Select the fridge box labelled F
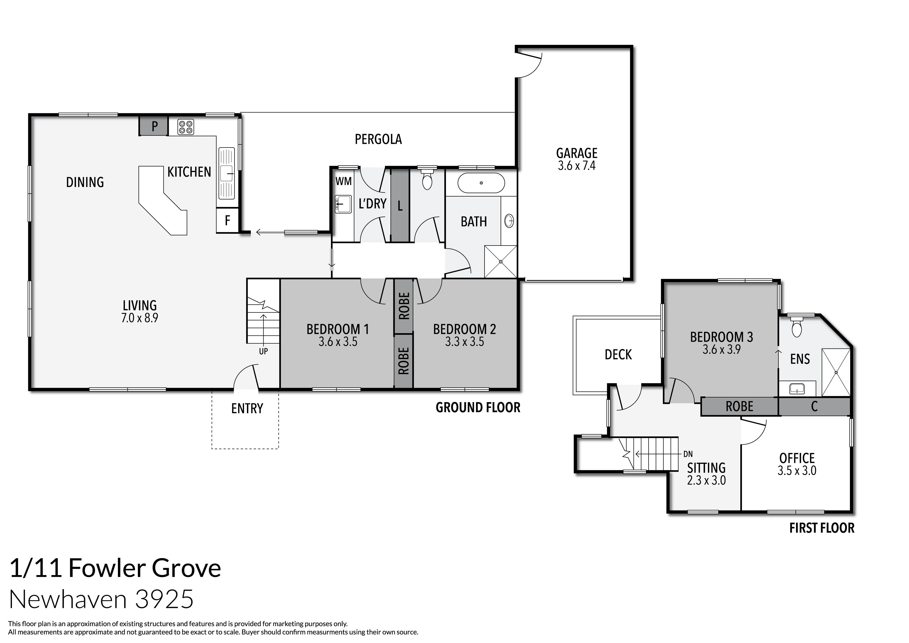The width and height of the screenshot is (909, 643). click(227, 220)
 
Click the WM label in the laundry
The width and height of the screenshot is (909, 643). click(343, 181)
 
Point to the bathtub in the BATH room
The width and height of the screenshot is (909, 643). click(481, 183)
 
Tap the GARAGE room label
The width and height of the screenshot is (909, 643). click(577, 153)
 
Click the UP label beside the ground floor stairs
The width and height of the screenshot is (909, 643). click(263, 351)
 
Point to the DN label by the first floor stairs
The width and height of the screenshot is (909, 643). click(688, 454)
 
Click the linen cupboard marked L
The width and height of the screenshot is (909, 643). click(400, 206)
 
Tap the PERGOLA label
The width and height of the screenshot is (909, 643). click(378, 139)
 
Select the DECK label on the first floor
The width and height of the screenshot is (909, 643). click(618, 355)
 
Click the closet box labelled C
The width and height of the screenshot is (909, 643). click(814, 407)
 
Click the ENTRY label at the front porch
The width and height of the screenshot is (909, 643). click(247, 408)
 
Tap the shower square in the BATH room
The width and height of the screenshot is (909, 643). click(500, 262)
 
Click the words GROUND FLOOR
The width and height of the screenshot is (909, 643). click(478, 408)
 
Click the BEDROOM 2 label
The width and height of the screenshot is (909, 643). click(464, 329)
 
